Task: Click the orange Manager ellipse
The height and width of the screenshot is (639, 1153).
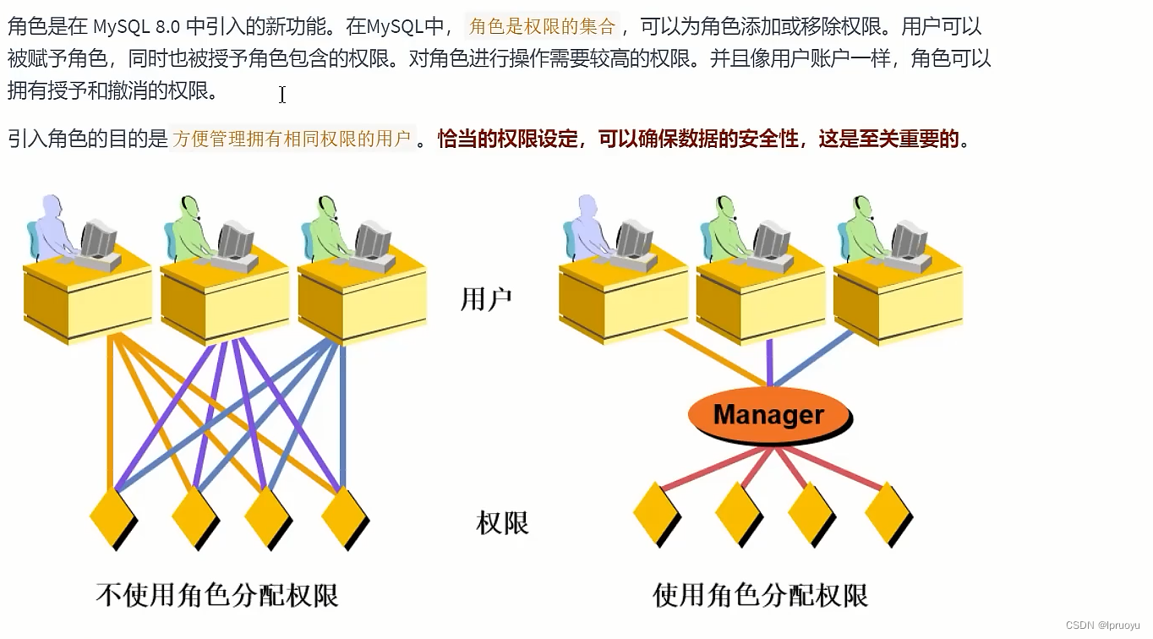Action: coord(768,415)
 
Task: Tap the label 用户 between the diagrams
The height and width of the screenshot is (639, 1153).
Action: coord(486,299)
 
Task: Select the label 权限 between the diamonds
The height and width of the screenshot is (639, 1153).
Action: coord(502,523)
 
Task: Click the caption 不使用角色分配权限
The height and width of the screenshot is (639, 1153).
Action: coord(217,595)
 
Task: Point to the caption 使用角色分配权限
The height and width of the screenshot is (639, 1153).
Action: coord(760,595)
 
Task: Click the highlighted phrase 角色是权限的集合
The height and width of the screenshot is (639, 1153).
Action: coord(542,26)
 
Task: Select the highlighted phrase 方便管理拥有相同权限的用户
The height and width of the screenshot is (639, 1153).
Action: coord(292,139)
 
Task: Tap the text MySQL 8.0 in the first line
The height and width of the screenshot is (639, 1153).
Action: coord(137,26)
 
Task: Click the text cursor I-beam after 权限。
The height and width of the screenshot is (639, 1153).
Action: coord(282,95)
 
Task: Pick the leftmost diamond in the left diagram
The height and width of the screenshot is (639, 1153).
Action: coord(112,516)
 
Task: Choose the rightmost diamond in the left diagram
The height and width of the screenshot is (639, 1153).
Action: coord(344,516)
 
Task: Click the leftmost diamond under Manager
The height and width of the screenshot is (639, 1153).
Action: coord(656,512)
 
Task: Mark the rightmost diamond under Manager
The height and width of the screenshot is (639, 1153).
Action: coord(888,512)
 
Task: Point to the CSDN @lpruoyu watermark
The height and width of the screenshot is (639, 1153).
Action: coord(1102,625)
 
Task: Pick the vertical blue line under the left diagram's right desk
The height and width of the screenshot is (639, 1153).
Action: coord(342,414)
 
